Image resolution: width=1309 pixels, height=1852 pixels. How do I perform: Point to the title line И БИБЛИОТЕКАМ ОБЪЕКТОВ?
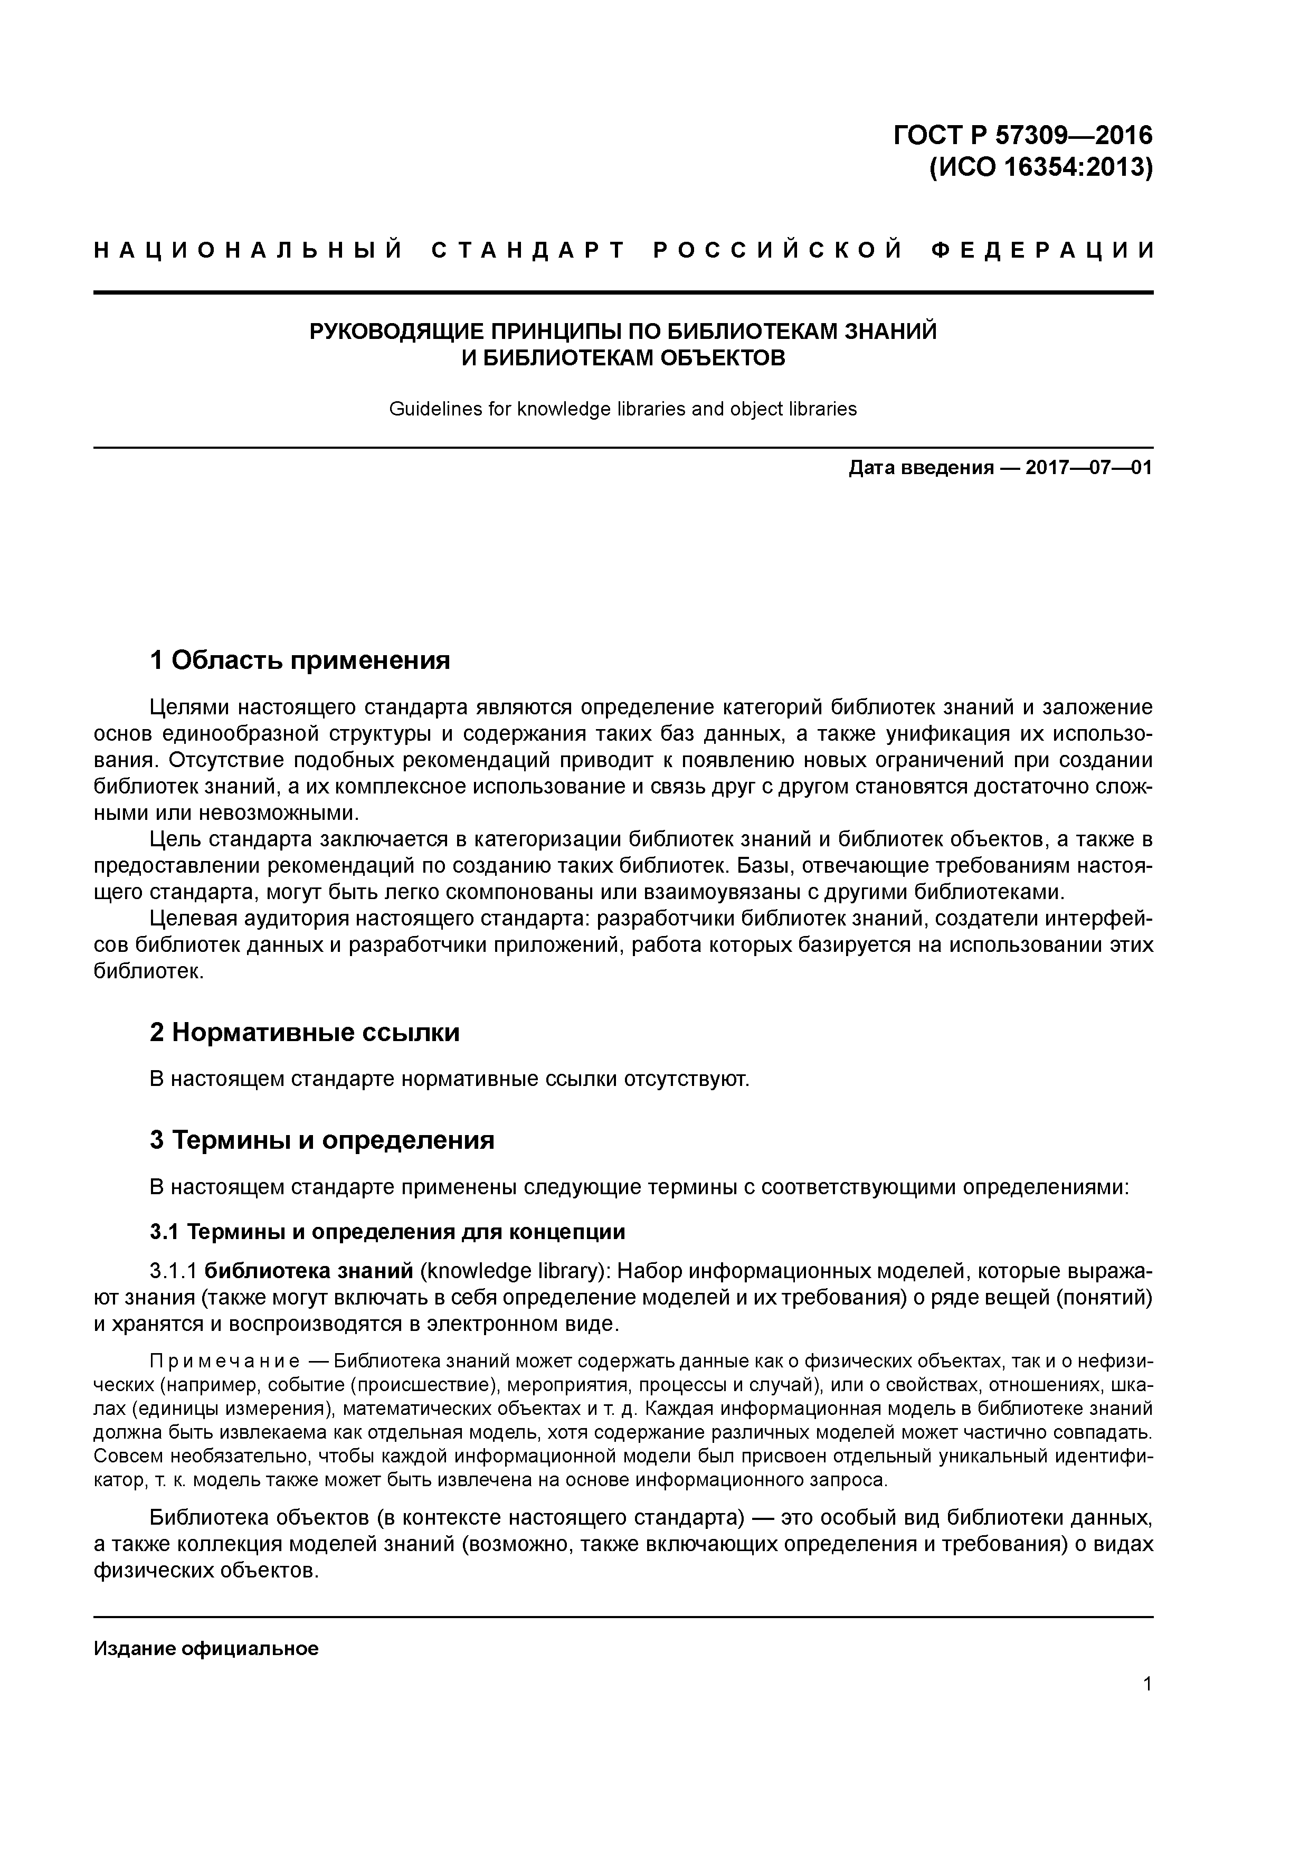623,358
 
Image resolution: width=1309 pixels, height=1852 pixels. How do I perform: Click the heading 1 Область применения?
299,660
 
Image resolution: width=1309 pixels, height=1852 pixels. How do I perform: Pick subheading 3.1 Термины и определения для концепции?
387,1232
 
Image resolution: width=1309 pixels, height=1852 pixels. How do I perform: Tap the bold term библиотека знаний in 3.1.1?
309,1272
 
